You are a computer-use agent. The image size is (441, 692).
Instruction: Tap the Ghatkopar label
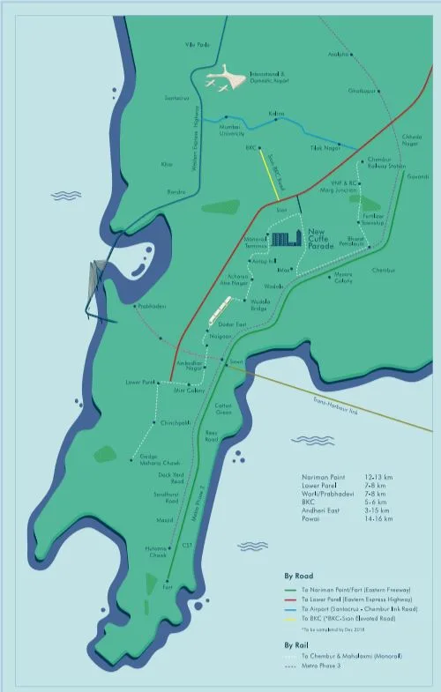coord(363,90)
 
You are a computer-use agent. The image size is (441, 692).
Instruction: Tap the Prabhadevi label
coord(152,306)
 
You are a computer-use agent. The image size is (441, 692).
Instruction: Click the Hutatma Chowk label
coord(156,552)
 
